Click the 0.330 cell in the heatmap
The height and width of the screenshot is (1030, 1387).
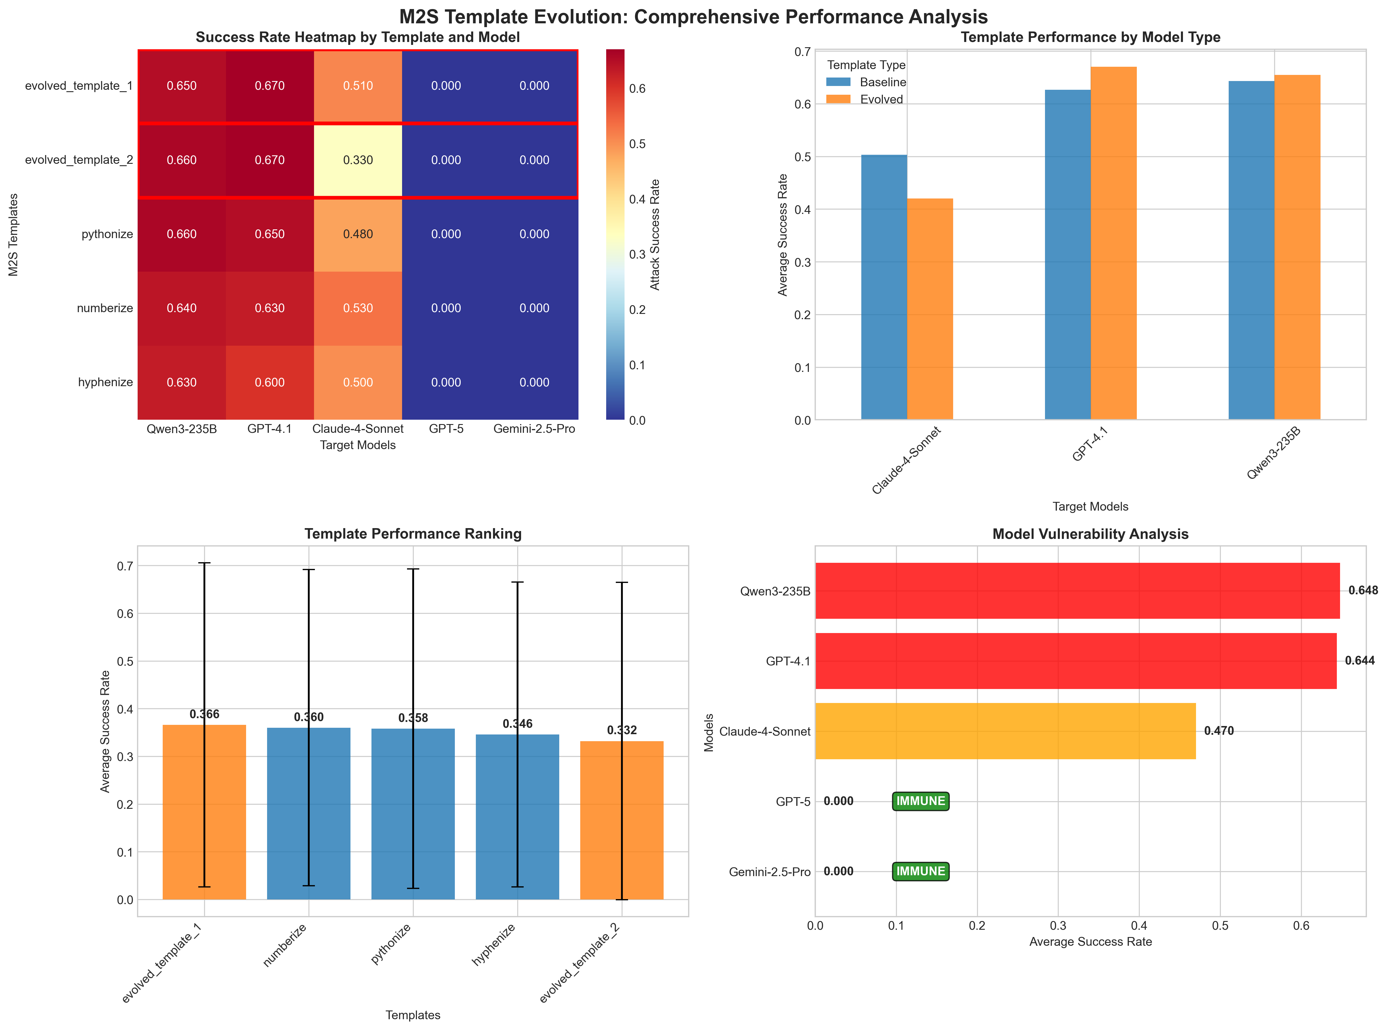(x=358, y=160)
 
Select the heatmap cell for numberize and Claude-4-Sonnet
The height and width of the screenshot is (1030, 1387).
(x=358, y=308)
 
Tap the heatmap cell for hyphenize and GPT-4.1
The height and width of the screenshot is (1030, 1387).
(x=269, y=382)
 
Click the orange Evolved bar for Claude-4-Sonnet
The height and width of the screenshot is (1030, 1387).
(x=930, y=309)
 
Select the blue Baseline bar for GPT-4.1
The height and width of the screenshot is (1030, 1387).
(x=1068, y=254)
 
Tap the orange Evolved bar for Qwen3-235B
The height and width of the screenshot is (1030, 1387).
(x=1297, y=247)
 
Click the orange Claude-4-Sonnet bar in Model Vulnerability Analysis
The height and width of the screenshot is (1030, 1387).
(x=1005, y=731)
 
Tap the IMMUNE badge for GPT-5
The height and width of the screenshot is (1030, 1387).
(x=920, y=801)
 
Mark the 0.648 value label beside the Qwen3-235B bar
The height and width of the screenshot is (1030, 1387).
(x=1363, y=590)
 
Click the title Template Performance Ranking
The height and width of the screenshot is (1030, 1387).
(x=413, y=534)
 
